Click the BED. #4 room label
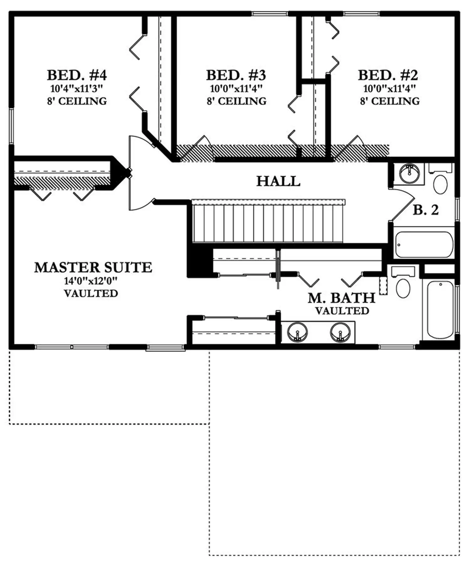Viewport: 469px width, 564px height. (77, 75)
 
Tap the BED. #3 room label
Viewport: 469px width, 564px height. (236, 75)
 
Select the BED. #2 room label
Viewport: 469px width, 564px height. (388, 75)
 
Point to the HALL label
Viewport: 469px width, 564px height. (278, 181)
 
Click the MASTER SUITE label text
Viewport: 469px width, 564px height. (93, 267)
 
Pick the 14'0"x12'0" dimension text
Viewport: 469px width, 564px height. (91, 281)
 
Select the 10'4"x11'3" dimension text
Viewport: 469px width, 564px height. (77, 89)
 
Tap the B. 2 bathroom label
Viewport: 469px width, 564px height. (426, 210)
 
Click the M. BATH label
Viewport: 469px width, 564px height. (342, 298)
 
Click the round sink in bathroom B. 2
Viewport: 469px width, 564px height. (409, 172)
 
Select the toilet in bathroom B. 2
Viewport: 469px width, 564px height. (440, 180)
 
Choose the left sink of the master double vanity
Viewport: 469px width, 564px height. (298, 332)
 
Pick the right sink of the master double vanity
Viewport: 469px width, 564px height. (340, 332)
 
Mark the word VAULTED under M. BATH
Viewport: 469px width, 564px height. (342, 311)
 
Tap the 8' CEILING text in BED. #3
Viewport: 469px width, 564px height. (236, 101)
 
